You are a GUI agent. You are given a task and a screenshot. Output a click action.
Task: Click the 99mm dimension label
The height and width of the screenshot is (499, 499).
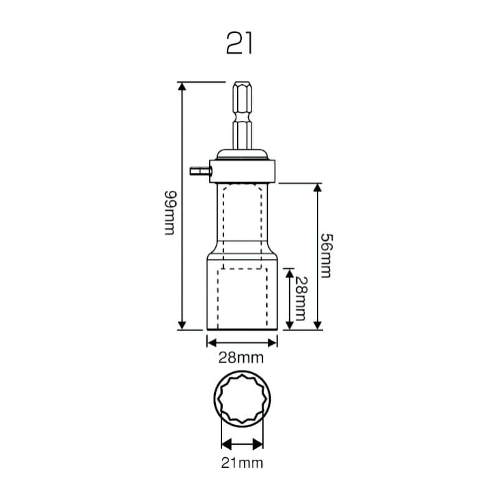170,213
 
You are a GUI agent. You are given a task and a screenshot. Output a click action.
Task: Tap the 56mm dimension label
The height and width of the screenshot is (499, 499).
326,256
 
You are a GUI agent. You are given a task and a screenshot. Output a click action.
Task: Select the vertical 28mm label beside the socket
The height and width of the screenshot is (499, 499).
301,299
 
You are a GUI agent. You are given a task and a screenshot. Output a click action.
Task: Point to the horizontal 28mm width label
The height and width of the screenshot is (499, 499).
241,358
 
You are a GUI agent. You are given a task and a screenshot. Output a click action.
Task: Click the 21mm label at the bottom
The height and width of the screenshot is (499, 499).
242,463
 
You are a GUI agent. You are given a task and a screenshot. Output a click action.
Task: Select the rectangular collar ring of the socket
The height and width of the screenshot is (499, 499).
243,172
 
